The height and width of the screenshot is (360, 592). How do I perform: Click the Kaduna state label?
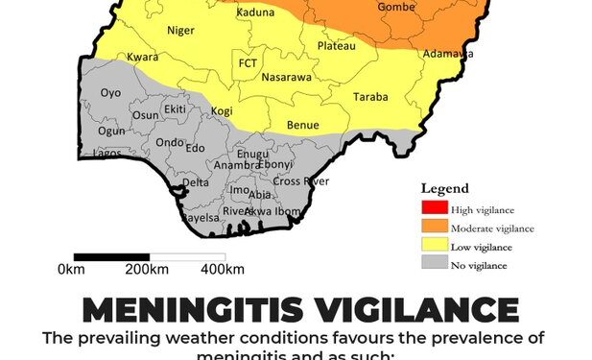click(x=254, y=12)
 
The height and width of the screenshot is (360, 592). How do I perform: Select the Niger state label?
click(x=180, y=30)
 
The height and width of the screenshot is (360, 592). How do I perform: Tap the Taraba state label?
click(x=371, y=97)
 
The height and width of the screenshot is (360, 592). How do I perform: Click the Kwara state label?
click(x=142, y=58)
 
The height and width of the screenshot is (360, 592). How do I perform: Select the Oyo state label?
click(x=111, y=92)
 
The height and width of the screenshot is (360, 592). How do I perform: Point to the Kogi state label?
click(x=222, y=111)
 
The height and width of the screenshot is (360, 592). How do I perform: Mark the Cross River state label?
click(x=300, y=181)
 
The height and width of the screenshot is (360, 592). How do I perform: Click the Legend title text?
click(x=445, y=189)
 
